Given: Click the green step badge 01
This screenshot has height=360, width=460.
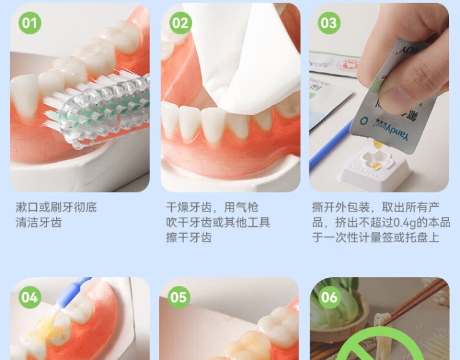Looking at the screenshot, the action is click(29, 23).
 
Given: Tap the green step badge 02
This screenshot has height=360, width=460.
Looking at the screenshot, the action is click(180, 23).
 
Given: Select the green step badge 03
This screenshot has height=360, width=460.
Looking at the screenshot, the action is click(329, 23).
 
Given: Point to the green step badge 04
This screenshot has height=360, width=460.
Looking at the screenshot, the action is click(29, 297).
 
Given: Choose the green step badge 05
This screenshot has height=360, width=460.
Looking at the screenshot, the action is click(178, 297).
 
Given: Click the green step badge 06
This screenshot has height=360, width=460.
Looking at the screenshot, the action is click(329, 297).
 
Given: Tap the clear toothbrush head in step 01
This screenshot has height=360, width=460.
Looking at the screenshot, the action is click(102, 112).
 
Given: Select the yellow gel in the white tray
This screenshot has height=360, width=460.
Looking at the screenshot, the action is click(377, 165).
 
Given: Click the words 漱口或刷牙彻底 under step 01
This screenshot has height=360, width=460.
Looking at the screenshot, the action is click(56, 207).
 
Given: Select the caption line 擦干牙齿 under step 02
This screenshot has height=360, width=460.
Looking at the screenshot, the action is click(189, 237).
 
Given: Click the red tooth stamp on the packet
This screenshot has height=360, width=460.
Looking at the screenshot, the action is click(349, 65).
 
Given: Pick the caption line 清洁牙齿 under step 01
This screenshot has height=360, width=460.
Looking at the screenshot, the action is click(39, 223).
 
